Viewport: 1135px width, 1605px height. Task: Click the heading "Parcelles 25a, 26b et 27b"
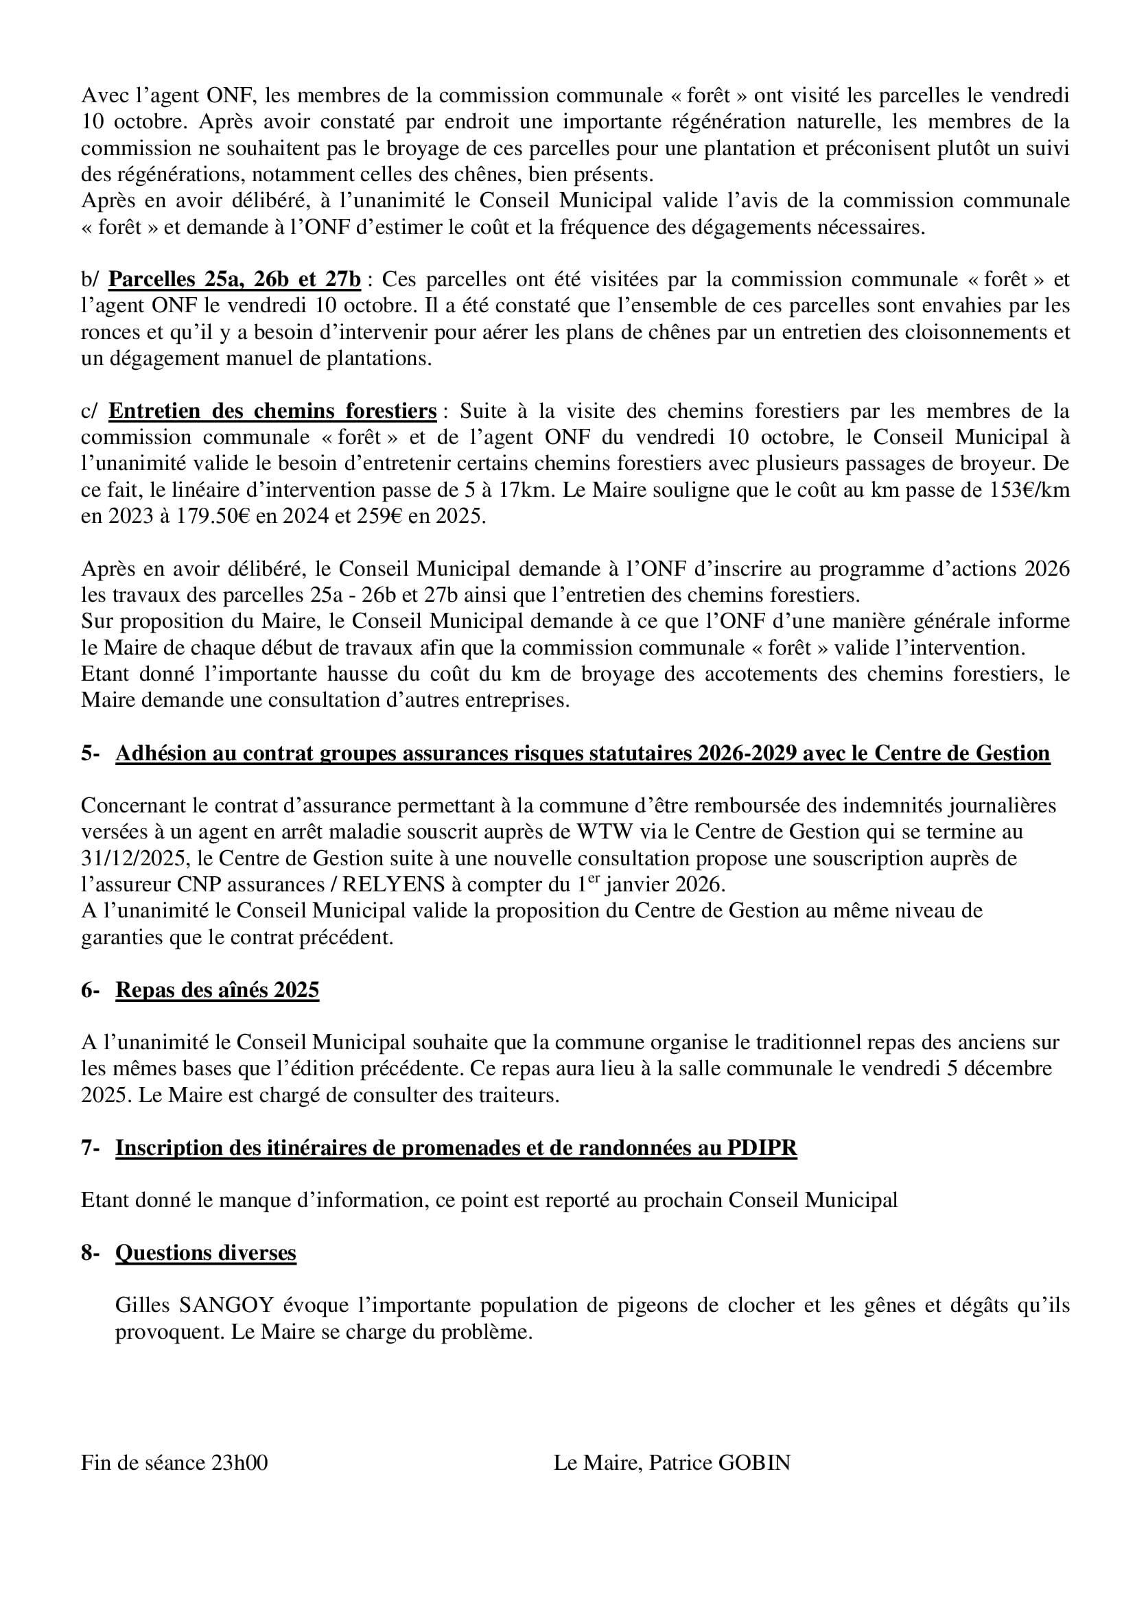point(235,279)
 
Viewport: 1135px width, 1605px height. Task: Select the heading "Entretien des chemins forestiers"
point(272,411)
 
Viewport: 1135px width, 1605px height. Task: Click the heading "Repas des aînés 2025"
point(217,990)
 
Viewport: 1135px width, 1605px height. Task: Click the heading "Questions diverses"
point(205,1253)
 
